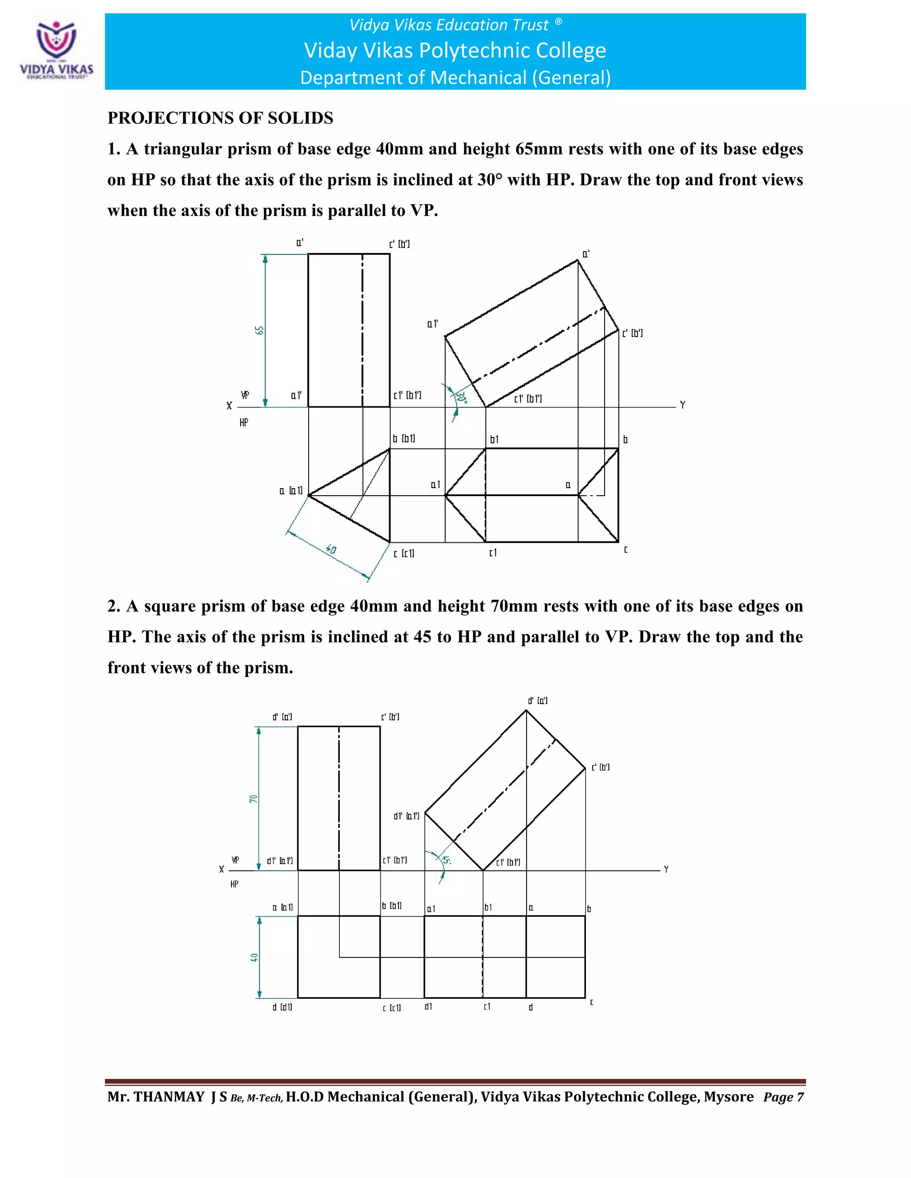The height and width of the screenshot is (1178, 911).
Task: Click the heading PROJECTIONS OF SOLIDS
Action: click(x=220, y=118)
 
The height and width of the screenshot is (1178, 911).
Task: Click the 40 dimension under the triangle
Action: click(x=331, y=549)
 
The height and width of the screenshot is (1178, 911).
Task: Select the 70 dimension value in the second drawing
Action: click(x=253, y=799)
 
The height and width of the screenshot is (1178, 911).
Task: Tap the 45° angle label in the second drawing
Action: click(x=446, y=860)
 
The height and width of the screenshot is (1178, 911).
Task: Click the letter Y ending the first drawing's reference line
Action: click(x=682, y=405)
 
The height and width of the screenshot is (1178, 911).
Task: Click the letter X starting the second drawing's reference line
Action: click(x=221, y=869)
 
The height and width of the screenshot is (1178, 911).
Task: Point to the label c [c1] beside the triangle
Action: click(x=404, y=553)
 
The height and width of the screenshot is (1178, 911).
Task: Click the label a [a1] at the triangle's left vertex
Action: click(x=291, y=491)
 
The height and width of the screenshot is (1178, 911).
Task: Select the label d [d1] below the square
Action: click(x=282, y=1007)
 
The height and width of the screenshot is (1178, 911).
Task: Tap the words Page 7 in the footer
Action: click(x=783, y=1097)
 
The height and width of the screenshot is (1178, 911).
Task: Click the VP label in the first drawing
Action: click(x=245, y=395)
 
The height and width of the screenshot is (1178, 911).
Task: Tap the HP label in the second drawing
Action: click(x=234, y=884)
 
